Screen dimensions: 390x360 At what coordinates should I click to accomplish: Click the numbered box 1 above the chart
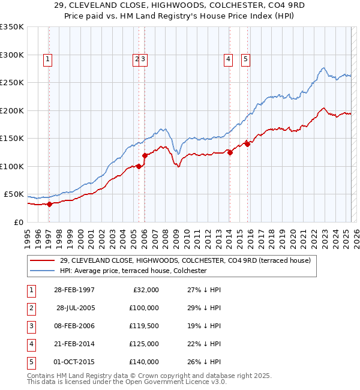point(47,59)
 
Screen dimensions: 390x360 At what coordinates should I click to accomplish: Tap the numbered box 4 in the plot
point(229,59)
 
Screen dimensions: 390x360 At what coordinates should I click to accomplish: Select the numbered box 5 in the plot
point(246,59)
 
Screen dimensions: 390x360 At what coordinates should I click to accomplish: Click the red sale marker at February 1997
point(50,203)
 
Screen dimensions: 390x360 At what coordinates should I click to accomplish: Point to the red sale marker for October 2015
point(247,144)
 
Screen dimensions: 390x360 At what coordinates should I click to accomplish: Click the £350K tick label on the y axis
point(12,27)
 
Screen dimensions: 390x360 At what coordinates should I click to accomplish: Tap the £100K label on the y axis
point(12,166)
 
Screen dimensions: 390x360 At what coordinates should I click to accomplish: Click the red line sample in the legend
point(43,260)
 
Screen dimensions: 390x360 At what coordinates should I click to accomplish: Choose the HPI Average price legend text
point(133,271)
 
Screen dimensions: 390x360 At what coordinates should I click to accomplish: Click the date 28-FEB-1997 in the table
point(74,290)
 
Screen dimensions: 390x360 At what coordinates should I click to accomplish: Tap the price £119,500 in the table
point(143,326)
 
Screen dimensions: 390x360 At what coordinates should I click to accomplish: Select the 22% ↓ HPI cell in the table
point(203,344)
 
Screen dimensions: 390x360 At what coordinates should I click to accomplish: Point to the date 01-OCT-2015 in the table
point(74,362)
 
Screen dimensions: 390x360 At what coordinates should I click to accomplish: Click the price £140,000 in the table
point(143,362)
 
